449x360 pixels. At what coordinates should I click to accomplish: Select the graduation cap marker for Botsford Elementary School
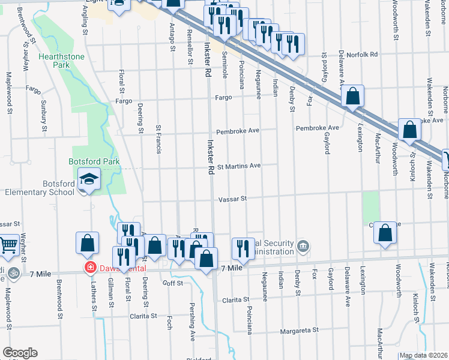pos(89,181)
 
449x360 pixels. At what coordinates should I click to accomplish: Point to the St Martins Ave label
pos(238,166)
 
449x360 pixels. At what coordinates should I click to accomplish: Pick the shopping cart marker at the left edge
pos(8,244)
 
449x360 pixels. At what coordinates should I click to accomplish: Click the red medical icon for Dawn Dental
pos(90,267)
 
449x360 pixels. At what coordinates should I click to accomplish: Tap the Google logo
pos(19,353)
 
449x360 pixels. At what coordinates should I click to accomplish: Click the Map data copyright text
pos(423,356)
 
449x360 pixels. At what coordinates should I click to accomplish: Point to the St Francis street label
pos(158,139)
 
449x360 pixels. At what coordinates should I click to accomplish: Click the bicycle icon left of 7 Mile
pos(15,274)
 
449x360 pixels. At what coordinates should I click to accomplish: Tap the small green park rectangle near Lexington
pos(372,207)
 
